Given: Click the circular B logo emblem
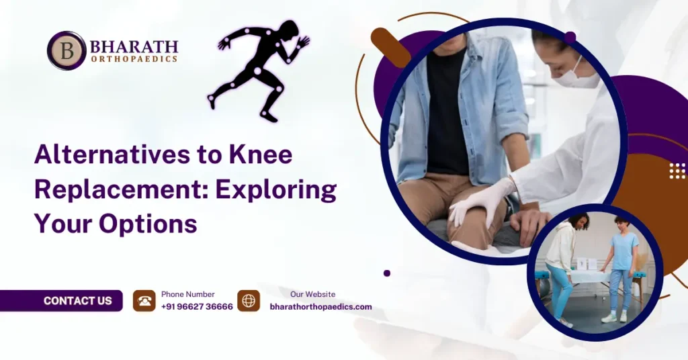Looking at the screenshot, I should click(x=67, y=50).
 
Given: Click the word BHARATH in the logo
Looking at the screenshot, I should click(x=134, y=47).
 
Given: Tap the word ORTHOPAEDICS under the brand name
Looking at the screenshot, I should click(x=134, y=59).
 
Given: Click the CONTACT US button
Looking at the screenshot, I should click(x=77, y=301).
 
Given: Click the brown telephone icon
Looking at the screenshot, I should click(x=144, y=301).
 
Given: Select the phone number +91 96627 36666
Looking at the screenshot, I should click(x=197, y=307).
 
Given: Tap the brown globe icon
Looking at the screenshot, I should click(x=249, y=301).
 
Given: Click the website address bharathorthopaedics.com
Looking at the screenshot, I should click(x=320, y=307).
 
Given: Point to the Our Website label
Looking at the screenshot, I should click(x=312, y=294).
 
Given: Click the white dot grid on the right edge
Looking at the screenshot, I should click(x=677, y=171).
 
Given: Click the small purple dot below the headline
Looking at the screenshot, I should click(x=387, y=273).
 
